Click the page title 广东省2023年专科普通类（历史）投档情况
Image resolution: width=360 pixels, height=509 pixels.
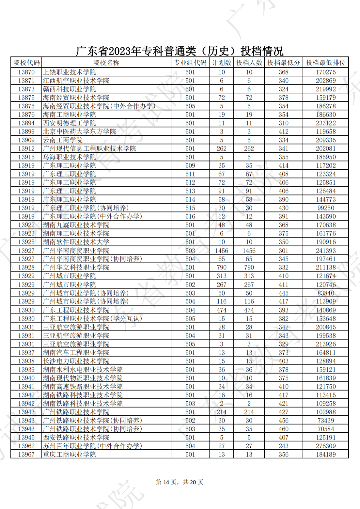(180, 51)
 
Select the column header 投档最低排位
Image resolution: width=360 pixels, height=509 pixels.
(326, 63)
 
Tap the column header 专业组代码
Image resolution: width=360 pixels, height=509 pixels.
(190, 63)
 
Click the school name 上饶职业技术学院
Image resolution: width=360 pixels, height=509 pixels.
(69, 72)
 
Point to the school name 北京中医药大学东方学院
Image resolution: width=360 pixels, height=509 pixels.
(79, 131)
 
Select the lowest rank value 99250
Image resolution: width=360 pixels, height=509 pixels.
(326, 208)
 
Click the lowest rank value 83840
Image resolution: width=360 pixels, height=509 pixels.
(326, 293)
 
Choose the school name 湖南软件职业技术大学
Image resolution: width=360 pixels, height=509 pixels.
(76, 242)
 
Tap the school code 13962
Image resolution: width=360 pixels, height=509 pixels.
(26, 446)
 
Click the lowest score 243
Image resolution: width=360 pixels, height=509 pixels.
(284, 446)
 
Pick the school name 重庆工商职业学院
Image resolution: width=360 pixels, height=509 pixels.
(69, 454)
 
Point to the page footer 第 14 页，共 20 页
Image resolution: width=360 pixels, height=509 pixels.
(180, 482)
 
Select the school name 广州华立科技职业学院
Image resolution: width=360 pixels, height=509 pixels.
(76, 268)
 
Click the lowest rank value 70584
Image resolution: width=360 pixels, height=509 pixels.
(326, 429)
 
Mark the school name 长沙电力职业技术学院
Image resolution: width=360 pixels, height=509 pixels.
(76, 361)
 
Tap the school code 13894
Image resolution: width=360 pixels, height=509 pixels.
(26, 123)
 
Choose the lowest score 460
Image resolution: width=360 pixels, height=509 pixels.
(284, 429)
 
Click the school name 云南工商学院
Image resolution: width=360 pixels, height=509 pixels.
(63, 140)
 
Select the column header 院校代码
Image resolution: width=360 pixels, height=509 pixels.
(26, 63)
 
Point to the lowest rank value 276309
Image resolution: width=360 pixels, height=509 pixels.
(326, 446)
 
